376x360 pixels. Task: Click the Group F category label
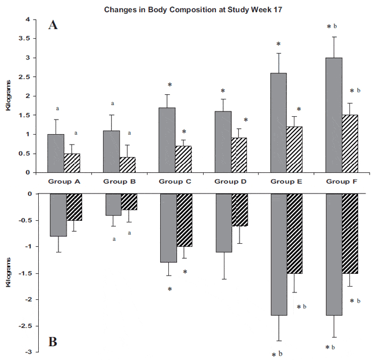tap(342, 181)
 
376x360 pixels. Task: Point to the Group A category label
tap(64, 181)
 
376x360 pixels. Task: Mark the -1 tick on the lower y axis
tap(24, 247)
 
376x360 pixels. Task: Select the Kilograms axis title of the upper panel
tap(10, 96)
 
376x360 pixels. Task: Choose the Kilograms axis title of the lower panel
tap(10, 273)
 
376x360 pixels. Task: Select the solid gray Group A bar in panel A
tap(56, 153)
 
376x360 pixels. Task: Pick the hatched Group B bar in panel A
tap(127, 165)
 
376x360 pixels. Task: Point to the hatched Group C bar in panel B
tap(183, 220)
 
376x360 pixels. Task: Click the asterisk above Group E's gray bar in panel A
tap(278, 44)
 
